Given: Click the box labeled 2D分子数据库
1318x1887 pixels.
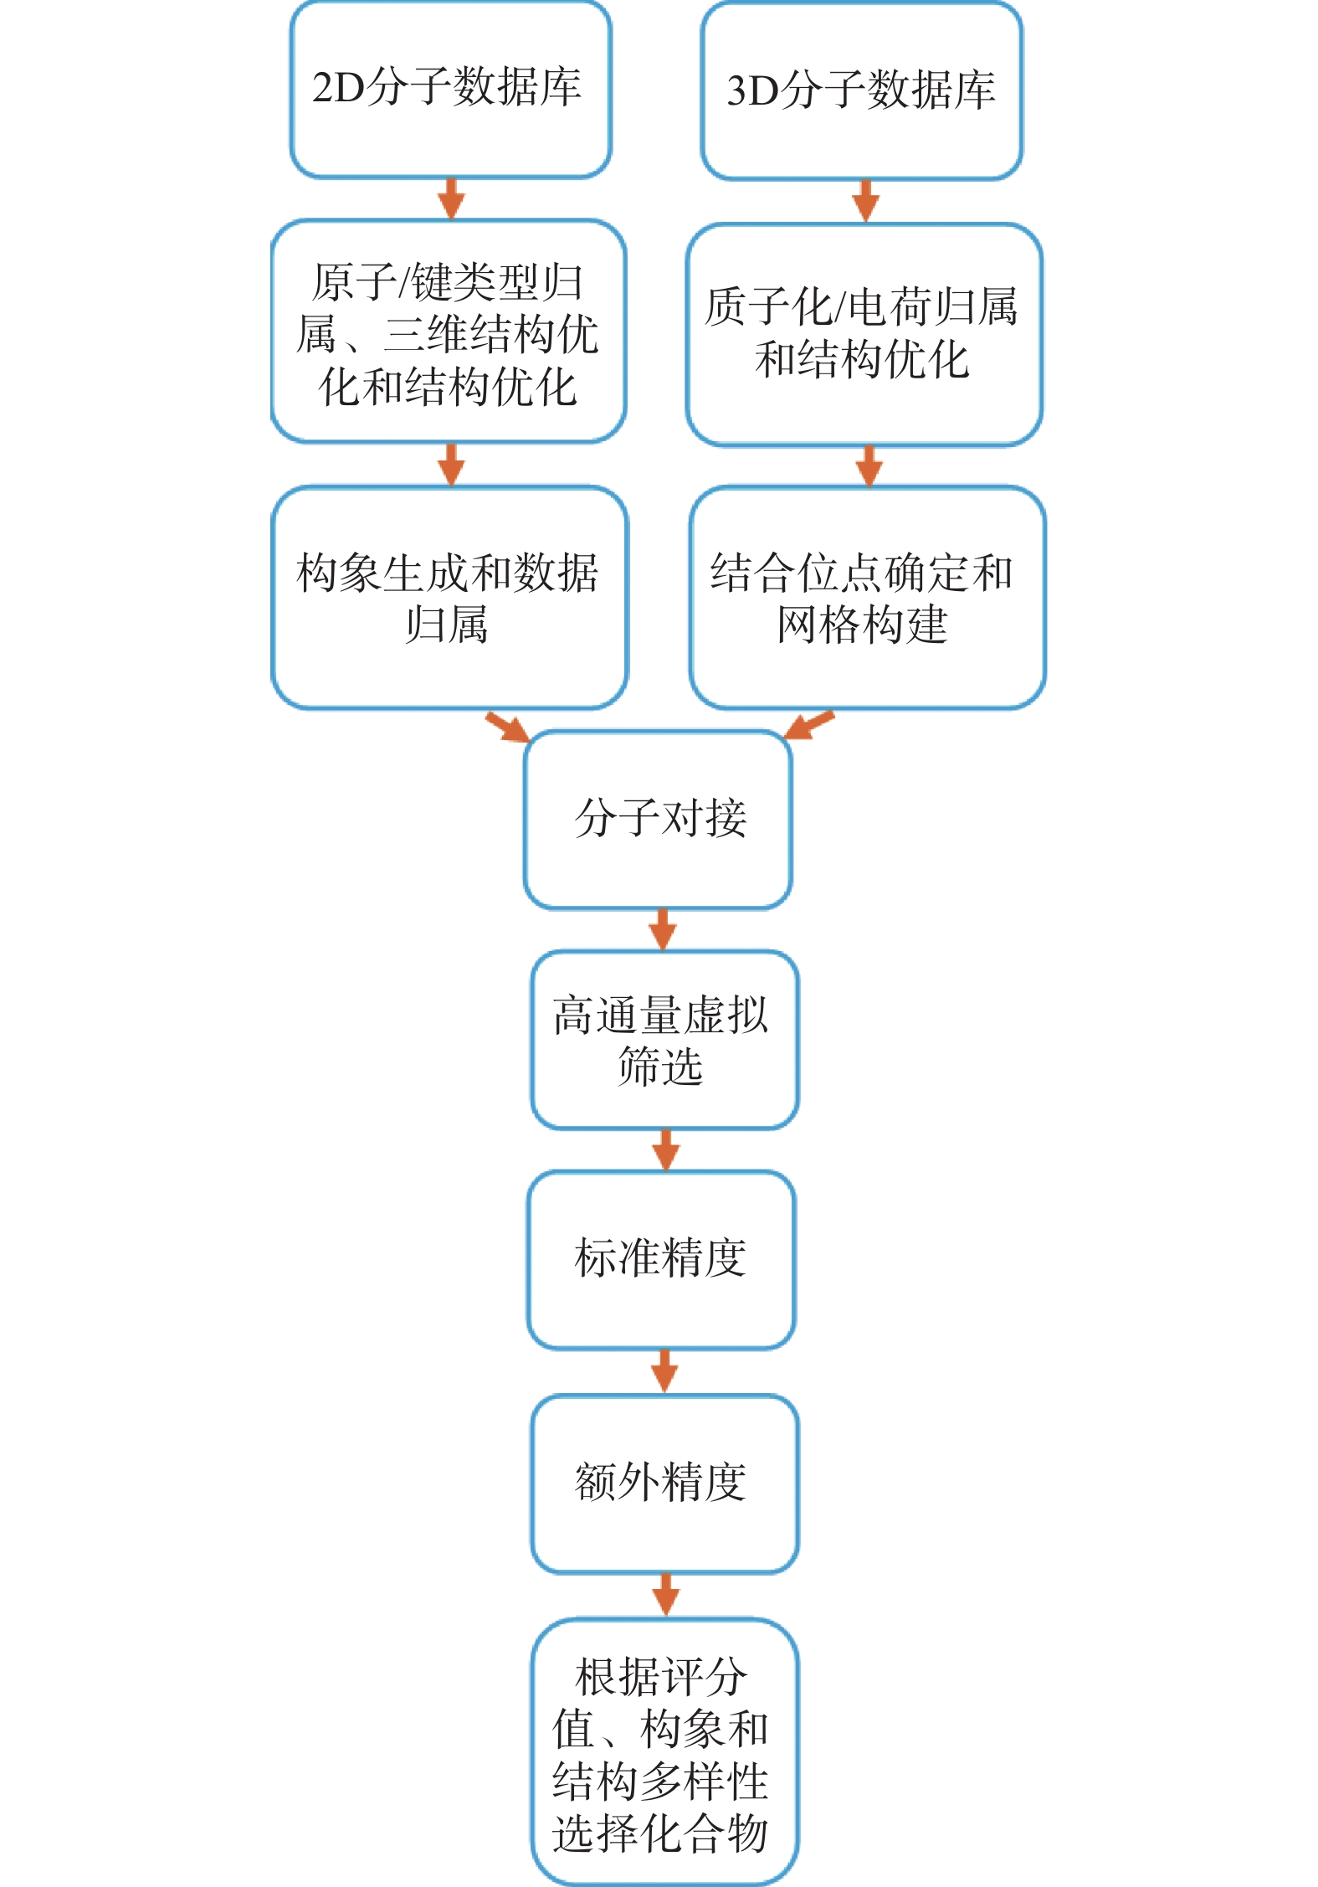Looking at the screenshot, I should (450, 90).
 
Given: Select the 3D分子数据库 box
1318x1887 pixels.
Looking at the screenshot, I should (861, 91).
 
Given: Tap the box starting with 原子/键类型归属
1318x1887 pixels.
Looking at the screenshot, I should (449, 332).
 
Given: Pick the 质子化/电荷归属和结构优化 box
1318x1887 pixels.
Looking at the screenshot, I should (864, 334).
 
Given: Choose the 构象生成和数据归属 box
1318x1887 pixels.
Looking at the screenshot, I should (449, 598).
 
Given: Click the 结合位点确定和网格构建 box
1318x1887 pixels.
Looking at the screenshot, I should (867, 598).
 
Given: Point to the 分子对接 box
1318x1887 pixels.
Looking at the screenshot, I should (658, 820).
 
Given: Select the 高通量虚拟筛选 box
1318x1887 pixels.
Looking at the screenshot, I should (664, 1040).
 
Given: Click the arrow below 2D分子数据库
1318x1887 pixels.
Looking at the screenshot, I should (451, 199).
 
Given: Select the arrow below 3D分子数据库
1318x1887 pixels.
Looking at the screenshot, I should (866, 201).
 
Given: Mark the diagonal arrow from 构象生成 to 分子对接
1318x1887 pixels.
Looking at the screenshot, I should (508, 727).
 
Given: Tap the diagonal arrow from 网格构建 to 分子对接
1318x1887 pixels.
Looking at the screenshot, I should (808, 725).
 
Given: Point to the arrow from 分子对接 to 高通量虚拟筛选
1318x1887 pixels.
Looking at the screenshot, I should (663, 929).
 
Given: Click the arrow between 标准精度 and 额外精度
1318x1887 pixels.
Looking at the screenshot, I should (664, 1370).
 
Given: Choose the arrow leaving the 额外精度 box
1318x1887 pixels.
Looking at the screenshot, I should (666, 1594).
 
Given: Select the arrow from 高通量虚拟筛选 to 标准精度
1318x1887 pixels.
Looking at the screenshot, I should (666, 1149).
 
